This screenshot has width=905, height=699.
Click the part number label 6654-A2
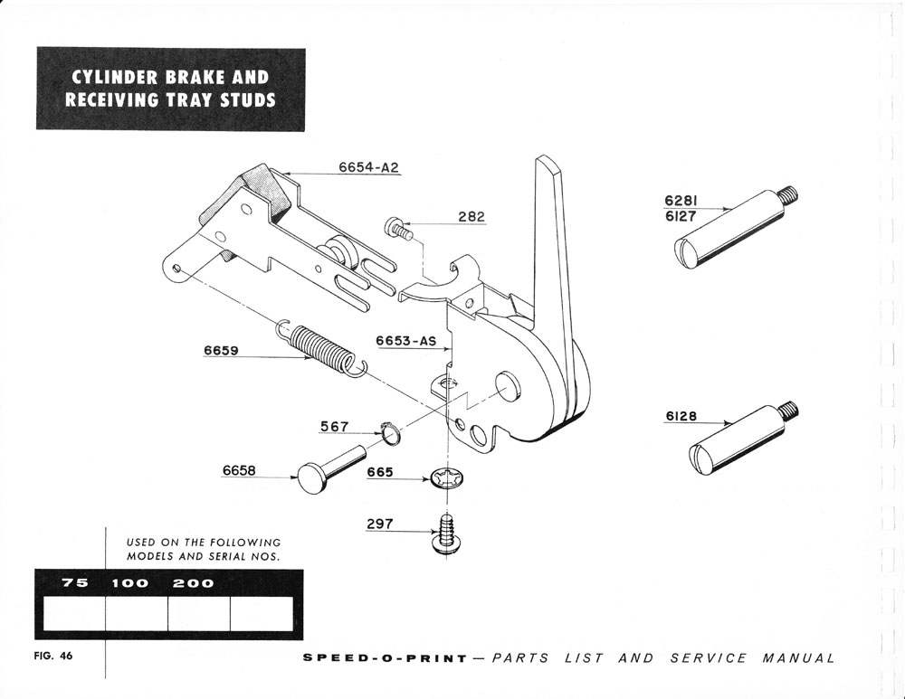pyautogui.click(x=368, y=168)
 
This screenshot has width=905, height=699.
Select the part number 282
pyautogui.click(x=471, y=217)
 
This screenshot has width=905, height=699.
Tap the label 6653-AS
pyautogui.click(x=406, y=342)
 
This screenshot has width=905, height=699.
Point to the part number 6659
pyautogui.click(x=221, y=350)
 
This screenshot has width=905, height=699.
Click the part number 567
pyautogui.click(x=335, y=426)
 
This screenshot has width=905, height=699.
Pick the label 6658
pyautogui.click(x=240, y=470)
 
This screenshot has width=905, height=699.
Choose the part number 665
pyautogui.click(x=380, y=472)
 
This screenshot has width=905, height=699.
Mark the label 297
pyautogui.click(x=380, y=523)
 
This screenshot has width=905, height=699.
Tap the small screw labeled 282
pyautogui.click(x=397, y=228)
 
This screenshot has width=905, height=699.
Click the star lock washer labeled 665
pyautogui.click(x=444, y=478)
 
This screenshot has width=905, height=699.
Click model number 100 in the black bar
pyautogui.click(x=129, y=583)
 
